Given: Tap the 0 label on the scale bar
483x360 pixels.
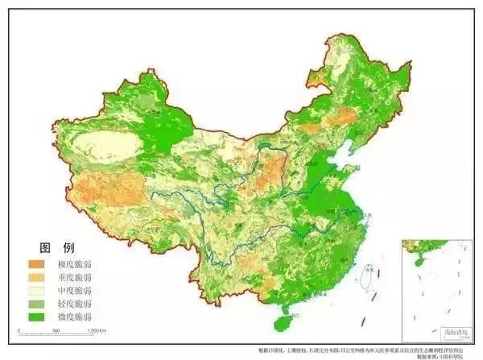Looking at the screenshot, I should coord(19,331).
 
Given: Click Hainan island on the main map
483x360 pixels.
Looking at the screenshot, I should coord(281,321).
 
